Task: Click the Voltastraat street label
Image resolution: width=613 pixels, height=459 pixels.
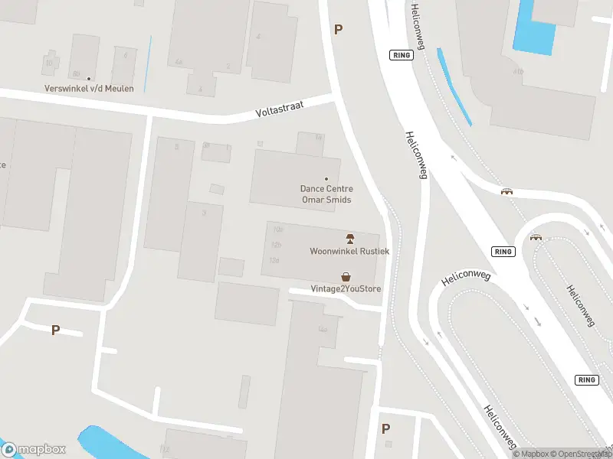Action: coord(280,111)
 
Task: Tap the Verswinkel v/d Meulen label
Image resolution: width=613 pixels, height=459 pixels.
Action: coord(89,89)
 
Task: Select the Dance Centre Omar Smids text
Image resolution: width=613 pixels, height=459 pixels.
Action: coord(326,194)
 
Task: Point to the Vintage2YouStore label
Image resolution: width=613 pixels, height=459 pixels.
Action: coord(346,288)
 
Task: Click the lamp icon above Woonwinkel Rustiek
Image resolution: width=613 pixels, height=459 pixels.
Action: coord(349,239)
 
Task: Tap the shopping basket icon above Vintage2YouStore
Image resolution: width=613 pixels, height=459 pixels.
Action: coord(346,276)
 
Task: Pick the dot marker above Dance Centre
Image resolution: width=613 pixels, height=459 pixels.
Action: coord(326,179)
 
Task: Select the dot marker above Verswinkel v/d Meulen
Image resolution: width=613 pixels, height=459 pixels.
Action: coord(89,78)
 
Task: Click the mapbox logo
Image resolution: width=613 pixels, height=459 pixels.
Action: coord(34,450)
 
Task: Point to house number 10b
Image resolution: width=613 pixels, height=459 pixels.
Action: coord(277,229)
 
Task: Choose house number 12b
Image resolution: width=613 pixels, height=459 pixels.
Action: coord(276,245)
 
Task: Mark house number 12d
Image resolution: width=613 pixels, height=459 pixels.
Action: coord(274,260)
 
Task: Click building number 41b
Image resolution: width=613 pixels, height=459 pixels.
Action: coord(519,71)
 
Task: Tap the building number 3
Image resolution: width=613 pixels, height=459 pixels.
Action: coord(204,213)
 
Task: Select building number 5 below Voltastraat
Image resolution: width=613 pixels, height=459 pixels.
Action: coord(177,146)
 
